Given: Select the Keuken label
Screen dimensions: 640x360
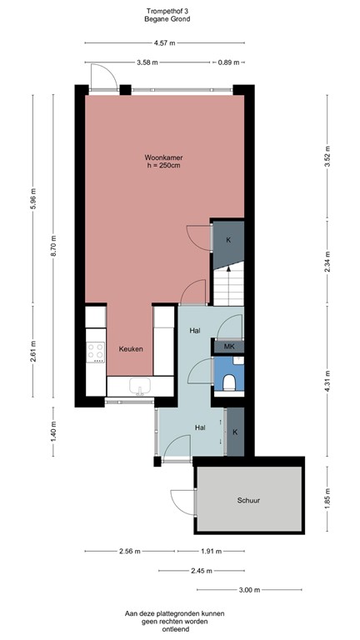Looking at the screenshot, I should click(x=130, y=348).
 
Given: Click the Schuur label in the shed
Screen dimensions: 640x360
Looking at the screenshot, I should click(x=248, y=501).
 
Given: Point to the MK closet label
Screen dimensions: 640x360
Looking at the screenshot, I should click(x=228, y=346).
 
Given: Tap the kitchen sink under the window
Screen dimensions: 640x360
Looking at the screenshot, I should click(x=138, y=385).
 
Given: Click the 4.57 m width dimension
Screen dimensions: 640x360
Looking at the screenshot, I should click(x=164, y=43).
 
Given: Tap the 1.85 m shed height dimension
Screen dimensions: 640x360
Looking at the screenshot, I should click(x=327, y=499).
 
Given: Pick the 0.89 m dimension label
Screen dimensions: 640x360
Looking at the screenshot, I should click(x=227, y=62).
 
